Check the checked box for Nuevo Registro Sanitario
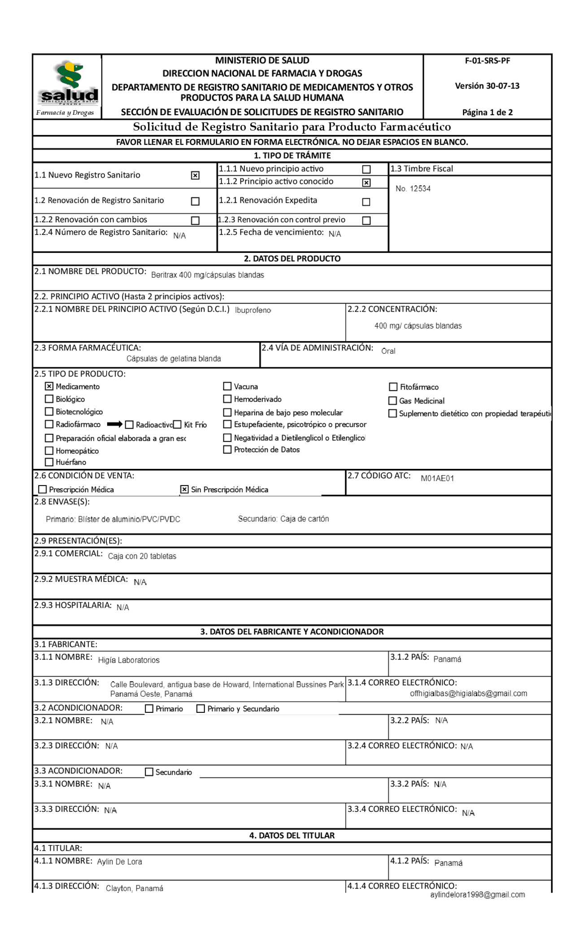(x=195, y=175)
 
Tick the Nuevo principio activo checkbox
(x=366, y=169)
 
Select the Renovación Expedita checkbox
(x=366, y=202)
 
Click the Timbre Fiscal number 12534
(x=413, y=189)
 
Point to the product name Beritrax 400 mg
(x=208, y=275)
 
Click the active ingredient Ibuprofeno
(x=253, y=310)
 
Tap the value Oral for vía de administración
(x=388, y=351)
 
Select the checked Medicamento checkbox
(x=49, y=386)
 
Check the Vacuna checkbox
(x=227, y=386)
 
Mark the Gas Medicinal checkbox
(x=393, y=401)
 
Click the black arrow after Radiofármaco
(x=115, y=424)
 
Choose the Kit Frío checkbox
(x=177, y=425)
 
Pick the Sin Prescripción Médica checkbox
(x=184, y=490)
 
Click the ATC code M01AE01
(x=437, y=478)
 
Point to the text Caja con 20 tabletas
(x=142, y=556)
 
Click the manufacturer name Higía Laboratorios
(x=129, y=660)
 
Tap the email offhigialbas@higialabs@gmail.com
(x=468, y=694)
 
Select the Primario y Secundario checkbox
(x=201, y=709)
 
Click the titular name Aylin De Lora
(x=120, y=862)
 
